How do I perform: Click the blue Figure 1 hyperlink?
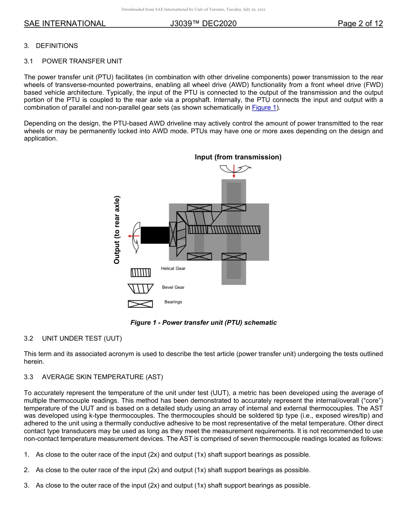pyautogui.click(x=264, y=108)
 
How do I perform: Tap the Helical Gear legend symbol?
pyautogui.click(x=141, y=273)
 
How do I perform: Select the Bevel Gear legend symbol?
pyautogui.click(x=141, y=288)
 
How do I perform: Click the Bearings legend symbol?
pyautogui.click(x=141, y=304)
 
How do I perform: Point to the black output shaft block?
pyautogui.click(x=155, y=235)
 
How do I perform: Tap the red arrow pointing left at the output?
pyautogui.click(x=134, y=236)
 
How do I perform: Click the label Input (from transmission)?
pyautogui.click(x=238, y=157)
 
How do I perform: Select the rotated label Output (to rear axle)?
pyautogui.click(x=117, y=230)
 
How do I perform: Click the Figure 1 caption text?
pyautogui.click(x=203, y=323)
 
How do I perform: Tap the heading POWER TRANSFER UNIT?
pyautogui.click(x=82, y=61)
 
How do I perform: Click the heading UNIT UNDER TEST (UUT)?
pyautogui.click(x=82, y=338)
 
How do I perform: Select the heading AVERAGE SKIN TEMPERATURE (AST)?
pyautogui.click(x=102, y=377)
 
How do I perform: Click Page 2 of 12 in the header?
pyautogui.click(x=360, y=24)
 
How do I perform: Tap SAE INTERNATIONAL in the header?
pyautogui.click(x=65, y=24)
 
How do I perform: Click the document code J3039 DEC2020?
pyautogui.click(x=203, y=24)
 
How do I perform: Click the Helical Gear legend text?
pyautogui.click(x=173, y=269)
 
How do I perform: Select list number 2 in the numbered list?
pyautogui.click(x=27, y=470)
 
